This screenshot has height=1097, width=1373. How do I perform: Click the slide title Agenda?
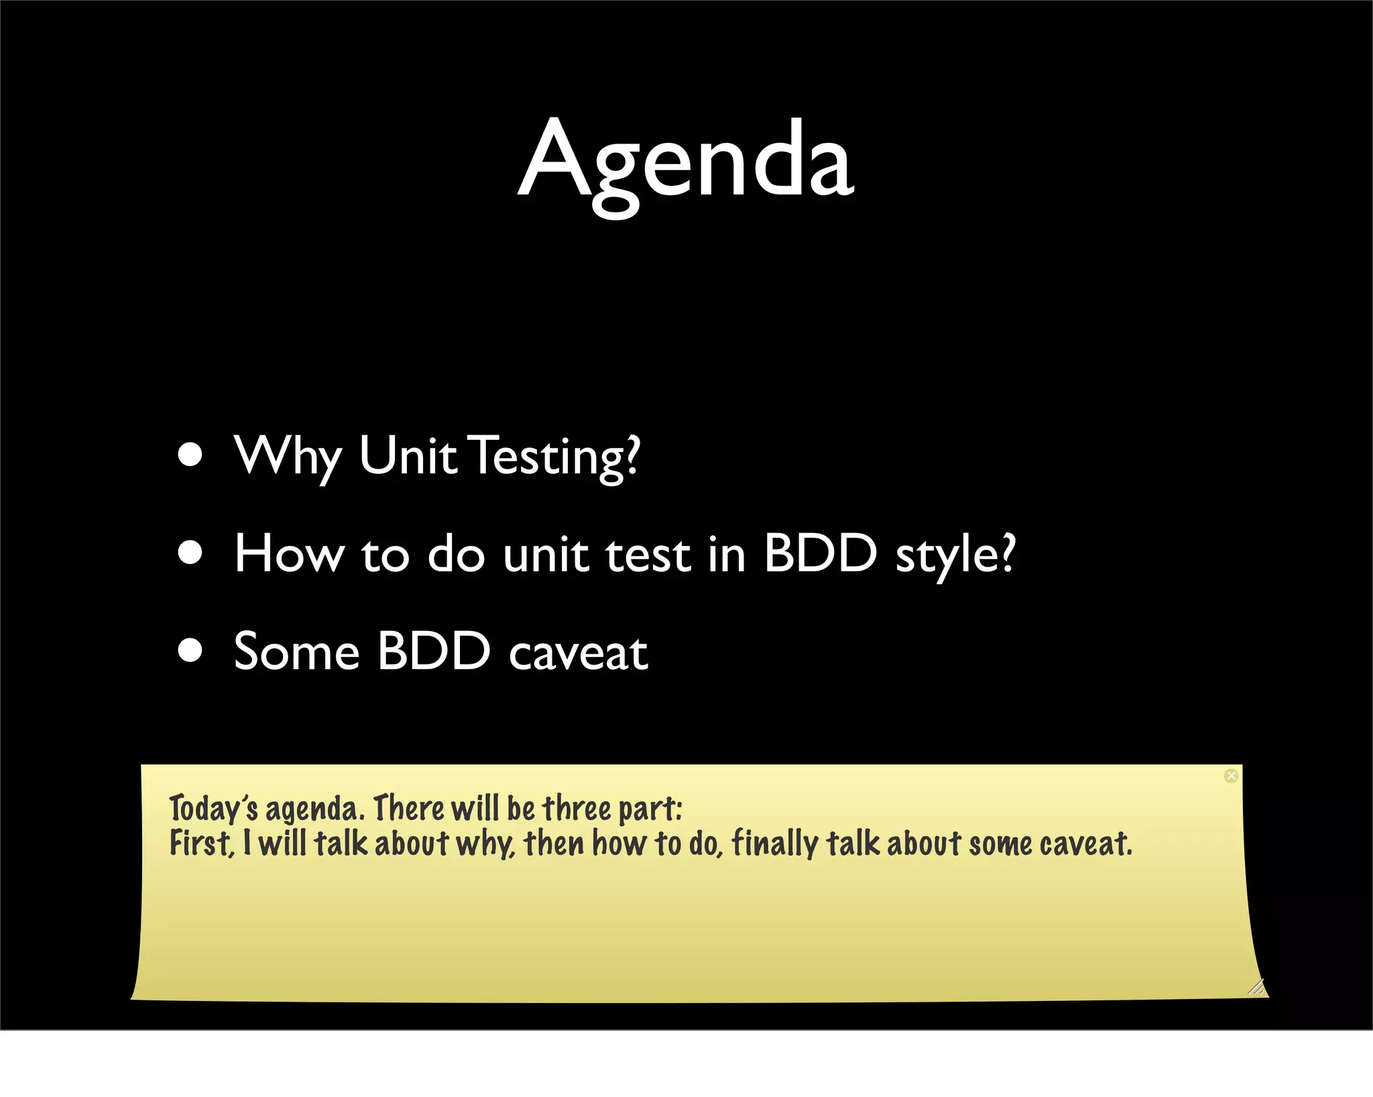click(686, 161)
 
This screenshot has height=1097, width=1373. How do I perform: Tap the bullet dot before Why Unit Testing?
click(191, 455)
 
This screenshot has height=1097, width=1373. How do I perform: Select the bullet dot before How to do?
click(191, 553)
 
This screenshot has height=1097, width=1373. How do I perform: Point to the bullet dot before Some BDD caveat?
click(191, 650)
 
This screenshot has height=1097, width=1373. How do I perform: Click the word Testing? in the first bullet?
click(556, 456)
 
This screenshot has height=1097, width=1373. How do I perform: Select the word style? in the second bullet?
click(955, 555)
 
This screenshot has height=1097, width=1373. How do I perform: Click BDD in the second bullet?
click(821, 554)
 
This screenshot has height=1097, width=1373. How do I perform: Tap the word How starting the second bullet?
click(289, 554)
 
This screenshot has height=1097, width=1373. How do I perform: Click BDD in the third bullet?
click(434, 652)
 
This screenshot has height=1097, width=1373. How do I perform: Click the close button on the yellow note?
click(1231, 776)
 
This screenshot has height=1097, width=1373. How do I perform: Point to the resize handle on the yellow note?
click(1256, 987)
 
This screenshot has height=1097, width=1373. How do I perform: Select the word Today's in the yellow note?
click(213, 808)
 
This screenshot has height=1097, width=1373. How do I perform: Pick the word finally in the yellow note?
click(775, 844)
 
